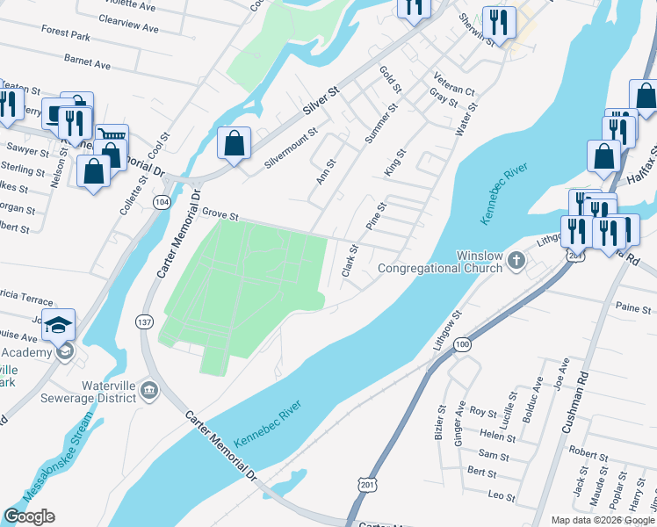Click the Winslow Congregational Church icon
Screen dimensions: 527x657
tap(516, 260)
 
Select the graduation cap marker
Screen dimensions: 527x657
tap(59, 325)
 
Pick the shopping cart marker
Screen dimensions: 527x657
tap(112, 138)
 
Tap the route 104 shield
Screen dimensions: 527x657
tap(161, 202)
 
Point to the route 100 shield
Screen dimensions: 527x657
tap(463, 345)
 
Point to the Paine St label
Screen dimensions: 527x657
tap(627, 307)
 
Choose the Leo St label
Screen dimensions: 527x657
tap(502, 496)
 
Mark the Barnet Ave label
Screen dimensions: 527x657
tap(87, 63)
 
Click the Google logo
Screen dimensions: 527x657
tap(29, 516)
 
